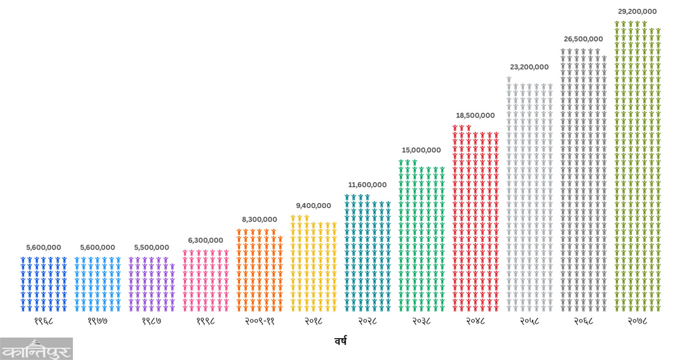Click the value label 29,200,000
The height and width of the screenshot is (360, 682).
637,12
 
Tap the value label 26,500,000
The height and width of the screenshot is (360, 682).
583,39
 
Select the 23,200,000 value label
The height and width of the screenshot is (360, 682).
529,67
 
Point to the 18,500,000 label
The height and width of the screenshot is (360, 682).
475,115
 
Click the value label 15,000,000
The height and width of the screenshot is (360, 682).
421,150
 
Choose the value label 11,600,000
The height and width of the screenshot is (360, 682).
367,185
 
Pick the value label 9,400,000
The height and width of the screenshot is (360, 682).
313,205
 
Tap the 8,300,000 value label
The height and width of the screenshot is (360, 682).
259,220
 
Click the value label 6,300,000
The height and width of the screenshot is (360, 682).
205,240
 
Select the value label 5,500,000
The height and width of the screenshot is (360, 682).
151,247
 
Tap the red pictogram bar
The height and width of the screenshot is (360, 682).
475,218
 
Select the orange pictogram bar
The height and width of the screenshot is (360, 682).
259,269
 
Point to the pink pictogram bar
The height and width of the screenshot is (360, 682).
205,280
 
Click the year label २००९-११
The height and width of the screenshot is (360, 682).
259,320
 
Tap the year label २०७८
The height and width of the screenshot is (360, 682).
637,320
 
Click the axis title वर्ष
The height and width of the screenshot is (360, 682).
340,339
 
